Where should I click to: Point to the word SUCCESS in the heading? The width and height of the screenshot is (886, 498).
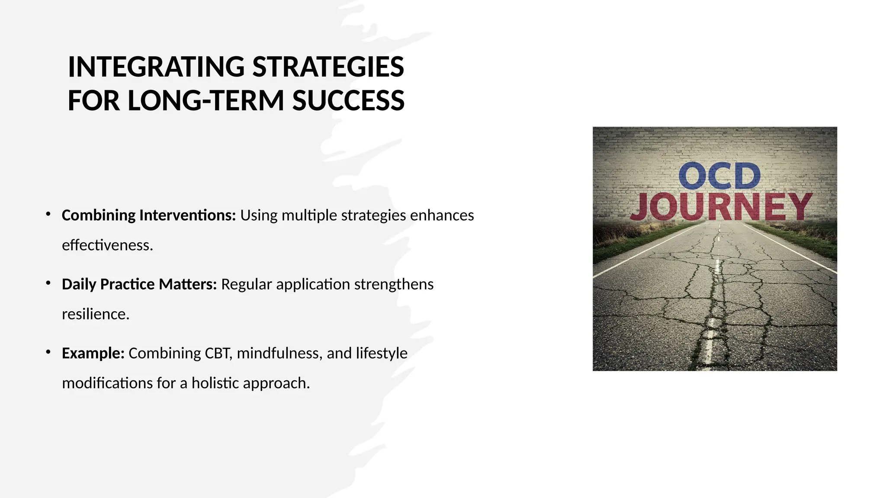(348, 101)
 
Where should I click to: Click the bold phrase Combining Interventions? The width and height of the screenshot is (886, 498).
(149, 215)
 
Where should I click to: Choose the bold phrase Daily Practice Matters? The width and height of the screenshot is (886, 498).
(139, 284)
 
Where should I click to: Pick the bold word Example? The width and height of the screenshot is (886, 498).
(93, 353)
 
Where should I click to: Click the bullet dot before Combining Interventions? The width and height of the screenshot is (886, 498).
(48, 214)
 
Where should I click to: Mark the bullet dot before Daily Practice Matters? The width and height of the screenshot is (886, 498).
(48, 283)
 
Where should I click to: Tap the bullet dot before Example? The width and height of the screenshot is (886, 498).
(48, 352)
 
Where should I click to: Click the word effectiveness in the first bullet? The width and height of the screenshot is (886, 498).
(107, 245)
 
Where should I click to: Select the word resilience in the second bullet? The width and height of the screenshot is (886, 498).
(96, 314)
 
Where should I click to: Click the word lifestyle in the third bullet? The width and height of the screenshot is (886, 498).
(382, 353)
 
